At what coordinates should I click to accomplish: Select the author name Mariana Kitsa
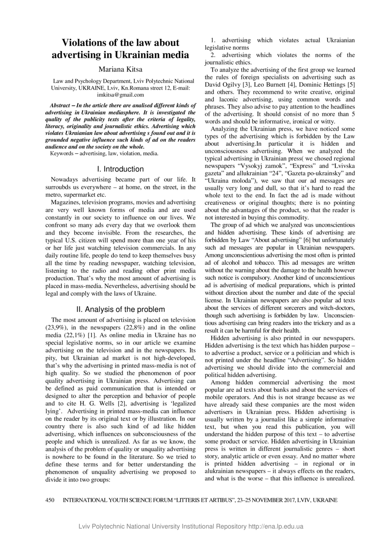120,69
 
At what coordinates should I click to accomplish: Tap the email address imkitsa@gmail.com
120,94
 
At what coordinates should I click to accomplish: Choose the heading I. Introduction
120,169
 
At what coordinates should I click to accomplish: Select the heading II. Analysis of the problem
120,309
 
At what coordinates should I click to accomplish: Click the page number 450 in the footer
50,500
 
